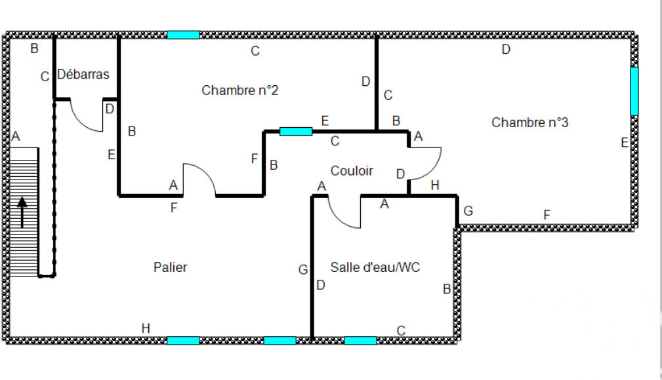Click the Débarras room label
point(83,75)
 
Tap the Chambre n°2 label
point(239,90)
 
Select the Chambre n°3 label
point(529,123)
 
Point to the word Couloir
point(352,171)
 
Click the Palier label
point(170,267)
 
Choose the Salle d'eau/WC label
point(375,267)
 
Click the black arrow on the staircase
point(22,213)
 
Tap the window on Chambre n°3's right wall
point(634,91)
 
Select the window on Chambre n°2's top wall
point(183,35)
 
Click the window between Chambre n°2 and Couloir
point(296,131)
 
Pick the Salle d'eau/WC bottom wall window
point(360,341)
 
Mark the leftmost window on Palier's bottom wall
point(183,341)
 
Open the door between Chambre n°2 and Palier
point(199,179)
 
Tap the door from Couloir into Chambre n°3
point(426,163)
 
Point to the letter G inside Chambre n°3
point(468,211)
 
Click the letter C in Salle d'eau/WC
point(401,330)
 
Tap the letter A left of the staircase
point(16,137)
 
